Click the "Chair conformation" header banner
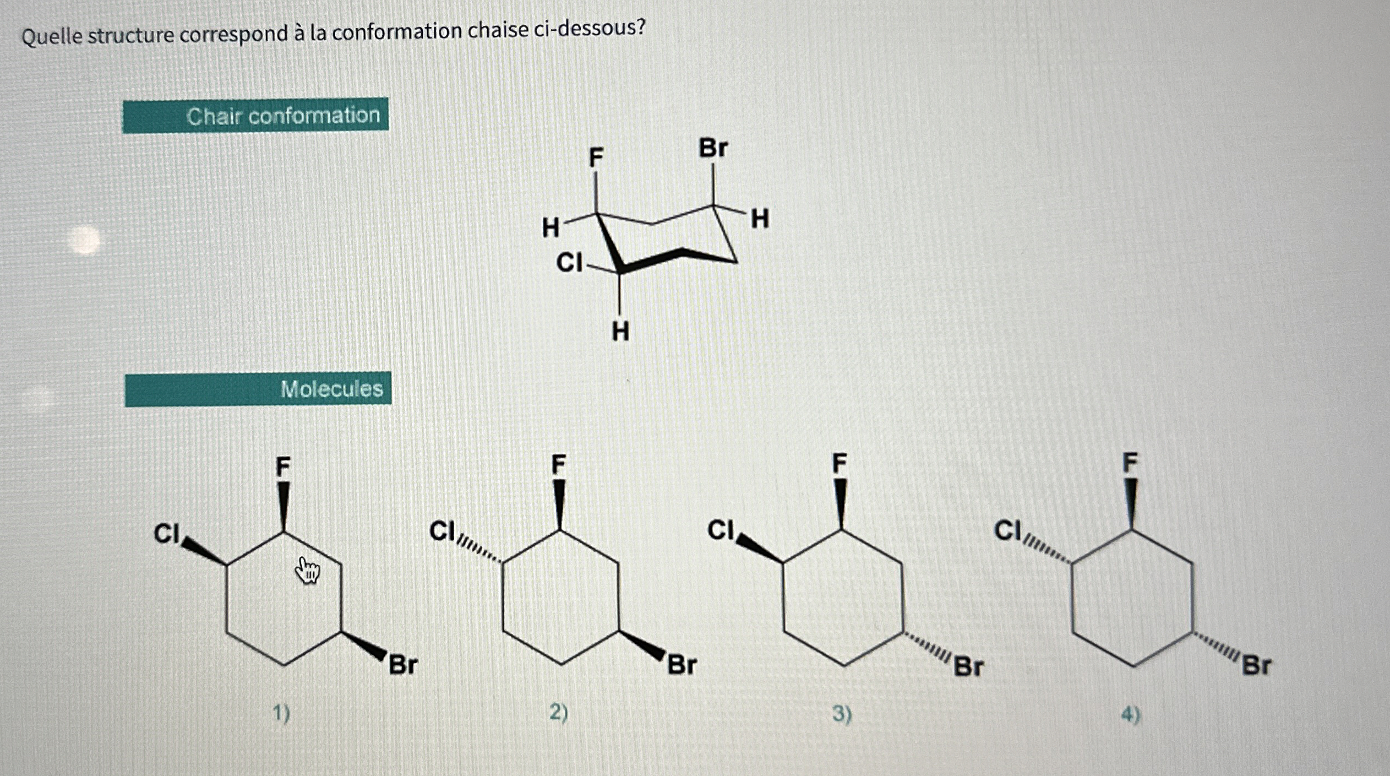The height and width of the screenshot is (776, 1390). point(255,115)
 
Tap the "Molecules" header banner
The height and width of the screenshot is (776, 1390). point(258,389)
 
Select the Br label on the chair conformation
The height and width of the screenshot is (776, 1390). point(713,148)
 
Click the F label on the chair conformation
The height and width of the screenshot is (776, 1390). point(596,158)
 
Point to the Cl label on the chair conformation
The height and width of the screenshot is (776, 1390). point(569,263)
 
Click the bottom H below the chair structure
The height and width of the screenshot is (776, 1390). point(620,332)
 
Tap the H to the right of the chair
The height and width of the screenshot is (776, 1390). point(760,219)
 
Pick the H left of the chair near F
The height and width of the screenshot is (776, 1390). point(550,227)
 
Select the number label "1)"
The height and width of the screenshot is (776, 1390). point(281,714)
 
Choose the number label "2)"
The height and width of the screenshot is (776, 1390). point(559,713)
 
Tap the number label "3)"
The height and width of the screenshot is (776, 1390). point(842,714)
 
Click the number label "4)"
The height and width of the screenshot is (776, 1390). point(1130,715)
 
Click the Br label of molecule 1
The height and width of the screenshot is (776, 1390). point(404,665)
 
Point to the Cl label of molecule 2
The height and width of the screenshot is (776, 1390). point(443,531)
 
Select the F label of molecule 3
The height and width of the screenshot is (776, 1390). point(839,464)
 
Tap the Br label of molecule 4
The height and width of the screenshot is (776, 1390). point(1257,666)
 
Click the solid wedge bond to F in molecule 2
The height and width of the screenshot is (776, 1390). point(559,504)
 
